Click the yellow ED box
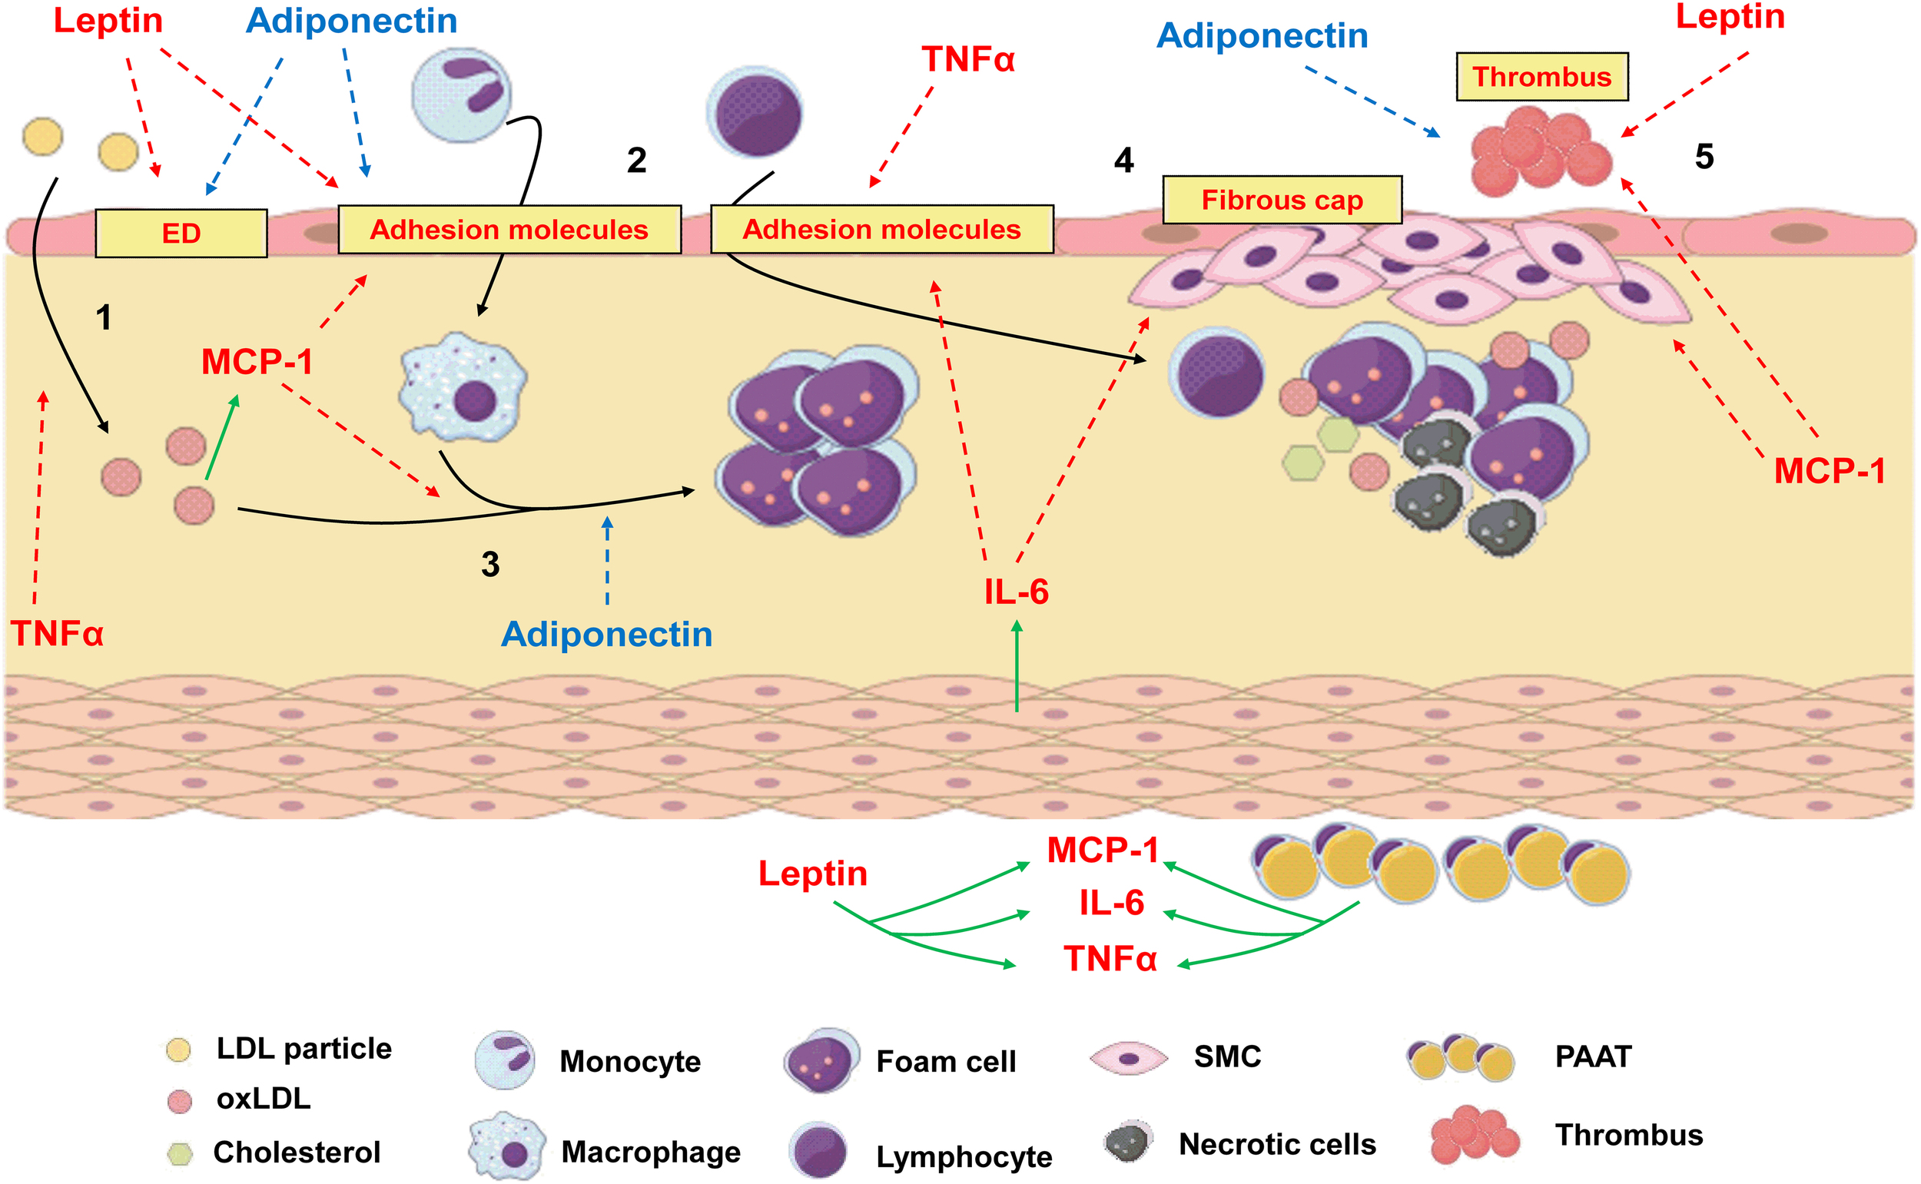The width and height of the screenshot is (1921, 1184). (x=181, y=234)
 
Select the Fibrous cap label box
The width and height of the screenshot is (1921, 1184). (x=1282, y=201)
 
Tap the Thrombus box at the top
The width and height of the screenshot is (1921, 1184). (x=1541, y=77)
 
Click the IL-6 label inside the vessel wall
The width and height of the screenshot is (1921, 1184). (x=1016, y=592)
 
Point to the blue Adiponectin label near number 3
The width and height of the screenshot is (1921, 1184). (x=606, y=635)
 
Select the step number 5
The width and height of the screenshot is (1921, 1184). (x=1704, y=158)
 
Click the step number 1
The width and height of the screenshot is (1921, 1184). (x=104, y=318)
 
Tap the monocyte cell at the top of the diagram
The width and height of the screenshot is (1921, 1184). (x=461, y=94)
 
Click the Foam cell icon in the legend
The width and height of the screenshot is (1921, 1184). (x=821, y=1061)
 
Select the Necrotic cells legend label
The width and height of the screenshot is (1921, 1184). (x=1277, y=1144)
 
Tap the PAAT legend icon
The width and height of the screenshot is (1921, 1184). (x=1460, y=1057)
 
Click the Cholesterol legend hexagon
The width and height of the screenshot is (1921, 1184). (x=179, y=1152)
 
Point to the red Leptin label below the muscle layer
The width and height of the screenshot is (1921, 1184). (x=812, y=874)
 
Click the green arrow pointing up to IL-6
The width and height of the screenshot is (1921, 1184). (x=1017, y=665)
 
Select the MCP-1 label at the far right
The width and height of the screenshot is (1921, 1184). (x=1829, y=472)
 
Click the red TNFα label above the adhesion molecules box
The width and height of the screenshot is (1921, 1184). (x=967, y=59)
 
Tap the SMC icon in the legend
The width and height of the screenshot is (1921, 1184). (x=1129, y=1058)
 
